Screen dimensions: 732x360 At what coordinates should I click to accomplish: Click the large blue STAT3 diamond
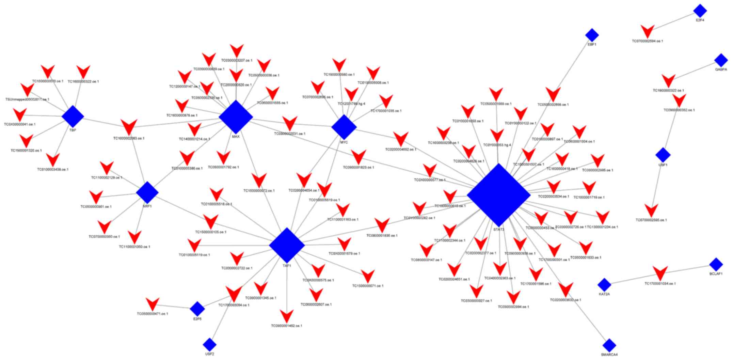tap(498, 195)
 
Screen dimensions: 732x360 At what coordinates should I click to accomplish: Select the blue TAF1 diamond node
tap(287, 245)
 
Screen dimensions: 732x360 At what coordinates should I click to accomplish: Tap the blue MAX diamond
tap(236, 117)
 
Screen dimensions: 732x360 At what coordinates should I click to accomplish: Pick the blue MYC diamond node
tap(344, 127)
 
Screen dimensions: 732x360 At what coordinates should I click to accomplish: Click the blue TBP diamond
tap(73, 116)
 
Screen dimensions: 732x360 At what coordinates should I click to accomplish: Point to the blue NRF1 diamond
tap(147, 192)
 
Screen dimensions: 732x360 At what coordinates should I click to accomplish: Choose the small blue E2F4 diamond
tap(700, 11)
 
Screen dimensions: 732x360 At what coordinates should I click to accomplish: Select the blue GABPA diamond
tap(721, 60)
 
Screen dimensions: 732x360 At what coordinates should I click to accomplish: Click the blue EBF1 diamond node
tap(592, 35)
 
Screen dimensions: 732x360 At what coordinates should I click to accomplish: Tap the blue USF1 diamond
tap(663, 155)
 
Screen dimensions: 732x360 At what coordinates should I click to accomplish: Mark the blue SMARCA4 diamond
tap(609, 345)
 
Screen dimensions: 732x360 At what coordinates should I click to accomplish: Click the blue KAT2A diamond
tap(604, 285)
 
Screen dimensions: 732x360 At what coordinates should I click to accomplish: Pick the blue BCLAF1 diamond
tap(716, 264)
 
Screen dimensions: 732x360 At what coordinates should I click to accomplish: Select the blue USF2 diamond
tap(209, 345)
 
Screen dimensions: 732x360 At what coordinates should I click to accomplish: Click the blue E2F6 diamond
tap(197, 309)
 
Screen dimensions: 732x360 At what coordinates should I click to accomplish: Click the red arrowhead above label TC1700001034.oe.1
tap(660, 273)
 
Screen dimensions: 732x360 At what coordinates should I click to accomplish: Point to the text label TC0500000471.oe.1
tap(152, 314)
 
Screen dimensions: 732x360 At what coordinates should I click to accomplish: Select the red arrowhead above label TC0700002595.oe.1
tap(651, 210)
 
